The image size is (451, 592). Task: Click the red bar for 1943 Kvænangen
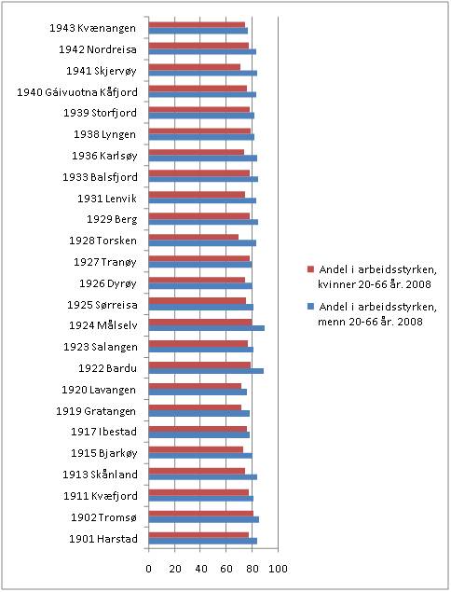[197, 25]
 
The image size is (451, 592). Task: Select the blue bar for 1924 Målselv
[207, 328]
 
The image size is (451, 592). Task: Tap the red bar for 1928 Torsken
[194, 237]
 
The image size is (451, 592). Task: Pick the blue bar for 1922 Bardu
[206, 371]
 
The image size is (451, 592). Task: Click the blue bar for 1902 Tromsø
[204, 519]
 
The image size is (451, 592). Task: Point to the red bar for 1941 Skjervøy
[195, 67]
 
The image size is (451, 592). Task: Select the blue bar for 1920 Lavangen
[198, 392]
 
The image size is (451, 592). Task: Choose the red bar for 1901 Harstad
[198, 535]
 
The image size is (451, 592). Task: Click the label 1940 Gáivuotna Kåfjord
[77, 92]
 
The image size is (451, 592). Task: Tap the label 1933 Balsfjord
[100, 177]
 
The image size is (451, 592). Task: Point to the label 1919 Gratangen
[96, 411]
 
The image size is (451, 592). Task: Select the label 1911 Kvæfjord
[101, 496]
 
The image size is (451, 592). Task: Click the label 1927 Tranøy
[105, 262]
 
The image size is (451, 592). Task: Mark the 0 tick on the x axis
[149, 569]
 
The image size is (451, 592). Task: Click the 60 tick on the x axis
[226, 569]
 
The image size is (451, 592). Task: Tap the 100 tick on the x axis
[279, 569]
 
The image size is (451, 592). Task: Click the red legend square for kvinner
[310, 269]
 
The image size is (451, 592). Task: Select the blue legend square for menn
[310, 307]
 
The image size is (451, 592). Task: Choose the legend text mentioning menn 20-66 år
[377, 314]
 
